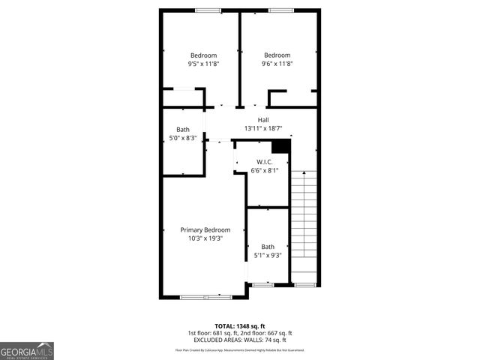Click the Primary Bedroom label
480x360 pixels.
(x=205, y=229)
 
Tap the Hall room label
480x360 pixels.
(x=263, y=120)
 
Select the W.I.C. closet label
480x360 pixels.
(x=264, y=162)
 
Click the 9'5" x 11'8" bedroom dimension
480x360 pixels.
(x=203, y=64)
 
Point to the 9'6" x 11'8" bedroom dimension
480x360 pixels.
(x=277, y=64)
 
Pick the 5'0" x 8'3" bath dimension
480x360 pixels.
(x=183, y=138)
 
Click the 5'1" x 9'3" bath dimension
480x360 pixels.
(x=268, y=256)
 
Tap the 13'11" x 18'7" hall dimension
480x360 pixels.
(x=263, y=129)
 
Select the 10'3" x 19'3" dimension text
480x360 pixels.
(x=205, y=238)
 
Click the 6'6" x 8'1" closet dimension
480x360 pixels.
(x=264, y=171)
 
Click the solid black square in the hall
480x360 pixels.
(x=280, y=145)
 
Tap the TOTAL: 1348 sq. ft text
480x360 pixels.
(x=239, y=326)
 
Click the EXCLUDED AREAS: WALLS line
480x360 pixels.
(x=239, y=340)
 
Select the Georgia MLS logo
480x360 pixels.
(x=27, y=350)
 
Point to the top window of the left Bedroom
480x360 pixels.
(x=208, y=10)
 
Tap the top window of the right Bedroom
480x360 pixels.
(x=280, y=10)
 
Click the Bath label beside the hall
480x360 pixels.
(x=183, y=130)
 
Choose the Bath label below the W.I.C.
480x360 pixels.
(x=268, y=247)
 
